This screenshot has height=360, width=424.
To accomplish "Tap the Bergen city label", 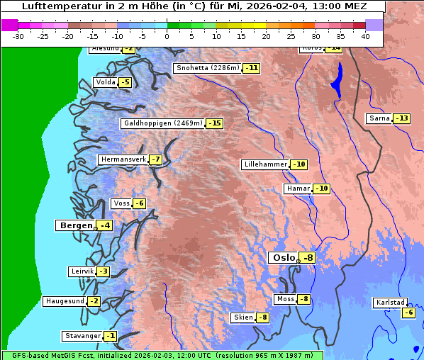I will [x=74, y=225].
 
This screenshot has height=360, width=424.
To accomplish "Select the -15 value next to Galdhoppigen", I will [x=214, y=123].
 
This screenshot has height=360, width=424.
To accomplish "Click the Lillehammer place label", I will [x=265, y=164].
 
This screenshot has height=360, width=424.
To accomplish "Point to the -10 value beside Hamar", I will [x=322, y=189].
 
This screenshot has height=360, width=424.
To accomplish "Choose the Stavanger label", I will [x=82, y=336].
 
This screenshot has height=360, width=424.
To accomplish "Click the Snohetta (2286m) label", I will [x=207, y=68].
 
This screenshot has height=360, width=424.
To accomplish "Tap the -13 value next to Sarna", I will [x=401, y=118].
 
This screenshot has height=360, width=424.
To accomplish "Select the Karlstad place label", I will [x=391, y=303].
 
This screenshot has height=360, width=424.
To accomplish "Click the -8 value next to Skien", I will [x=262, y=317].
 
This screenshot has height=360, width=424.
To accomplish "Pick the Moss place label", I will [x=285, y=299].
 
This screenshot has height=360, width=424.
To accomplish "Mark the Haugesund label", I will [x=65, y=301].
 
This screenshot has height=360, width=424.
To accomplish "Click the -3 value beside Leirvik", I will [x=103, y=271].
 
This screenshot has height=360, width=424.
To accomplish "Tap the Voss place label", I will [x=121, y=203].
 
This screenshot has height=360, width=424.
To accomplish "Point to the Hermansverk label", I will [x=122, y=159].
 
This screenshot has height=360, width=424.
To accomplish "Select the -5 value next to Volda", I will [x=125, y=82].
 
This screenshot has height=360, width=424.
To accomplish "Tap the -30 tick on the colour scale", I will [x=18, y=36].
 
